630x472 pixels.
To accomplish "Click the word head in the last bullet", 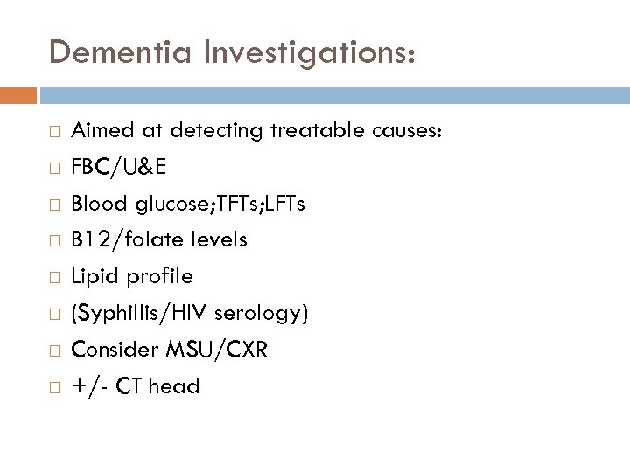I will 175,385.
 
